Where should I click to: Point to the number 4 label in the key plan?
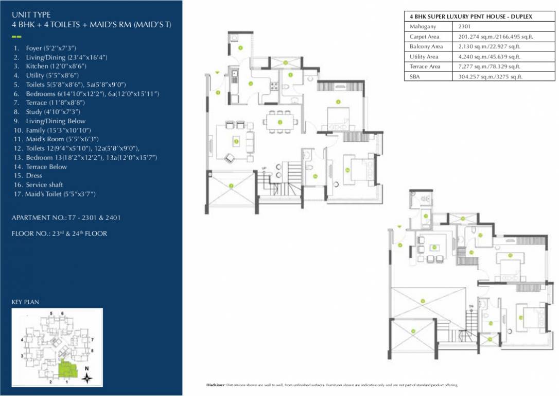(x=22, y=340)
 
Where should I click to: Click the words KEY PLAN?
(x=25, y=302)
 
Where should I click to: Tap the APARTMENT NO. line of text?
(x=66, y=218)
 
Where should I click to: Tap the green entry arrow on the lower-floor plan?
(x=217, y=72)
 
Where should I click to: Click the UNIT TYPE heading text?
(x=31, y=15)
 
